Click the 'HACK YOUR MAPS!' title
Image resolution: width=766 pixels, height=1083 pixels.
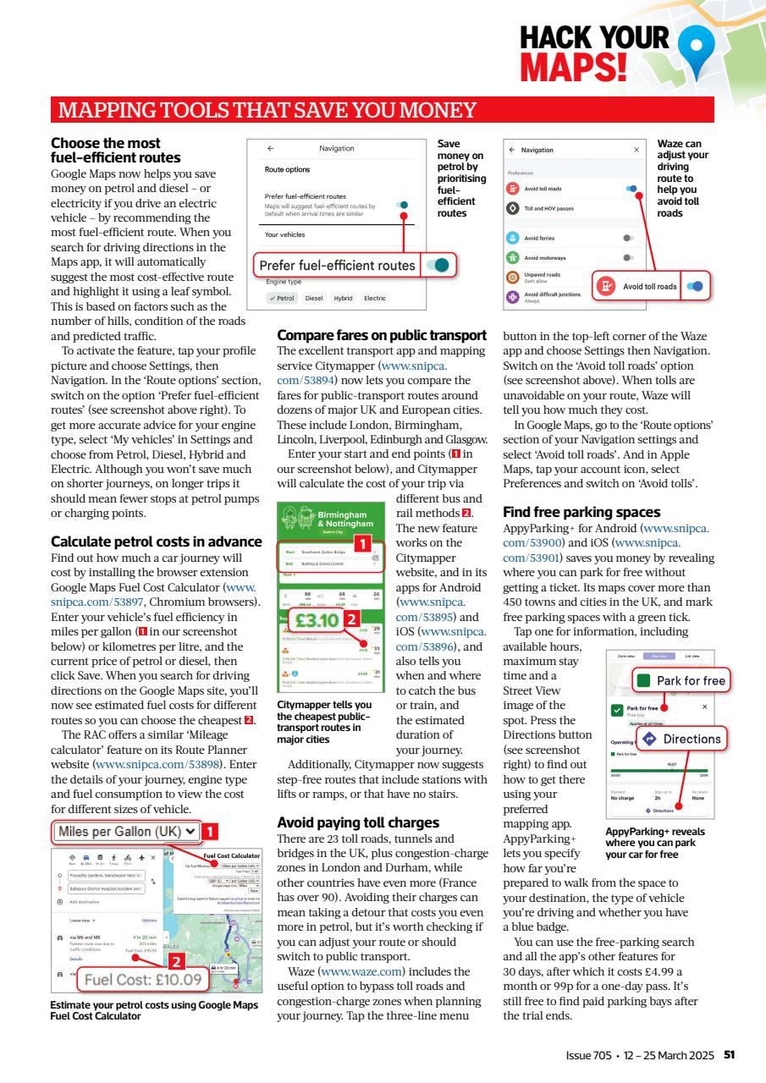(x=593, y=51)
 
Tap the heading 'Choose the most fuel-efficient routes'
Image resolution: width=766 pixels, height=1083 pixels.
(x=115, y=151)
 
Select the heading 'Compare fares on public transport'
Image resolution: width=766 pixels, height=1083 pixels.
(x=382, y=335)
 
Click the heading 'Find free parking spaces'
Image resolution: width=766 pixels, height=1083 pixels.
(x=581, y=512)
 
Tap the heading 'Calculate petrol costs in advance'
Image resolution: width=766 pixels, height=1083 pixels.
(x=157, y=541)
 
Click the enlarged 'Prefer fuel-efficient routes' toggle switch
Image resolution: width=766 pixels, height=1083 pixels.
(x=439, y=265)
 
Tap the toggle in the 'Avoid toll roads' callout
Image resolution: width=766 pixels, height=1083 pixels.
(x=694, y=287)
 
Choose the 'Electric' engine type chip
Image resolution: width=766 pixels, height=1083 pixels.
(x=374, y=298)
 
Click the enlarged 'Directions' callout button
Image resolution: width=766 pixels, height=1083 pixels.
(x=681, y=739)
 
